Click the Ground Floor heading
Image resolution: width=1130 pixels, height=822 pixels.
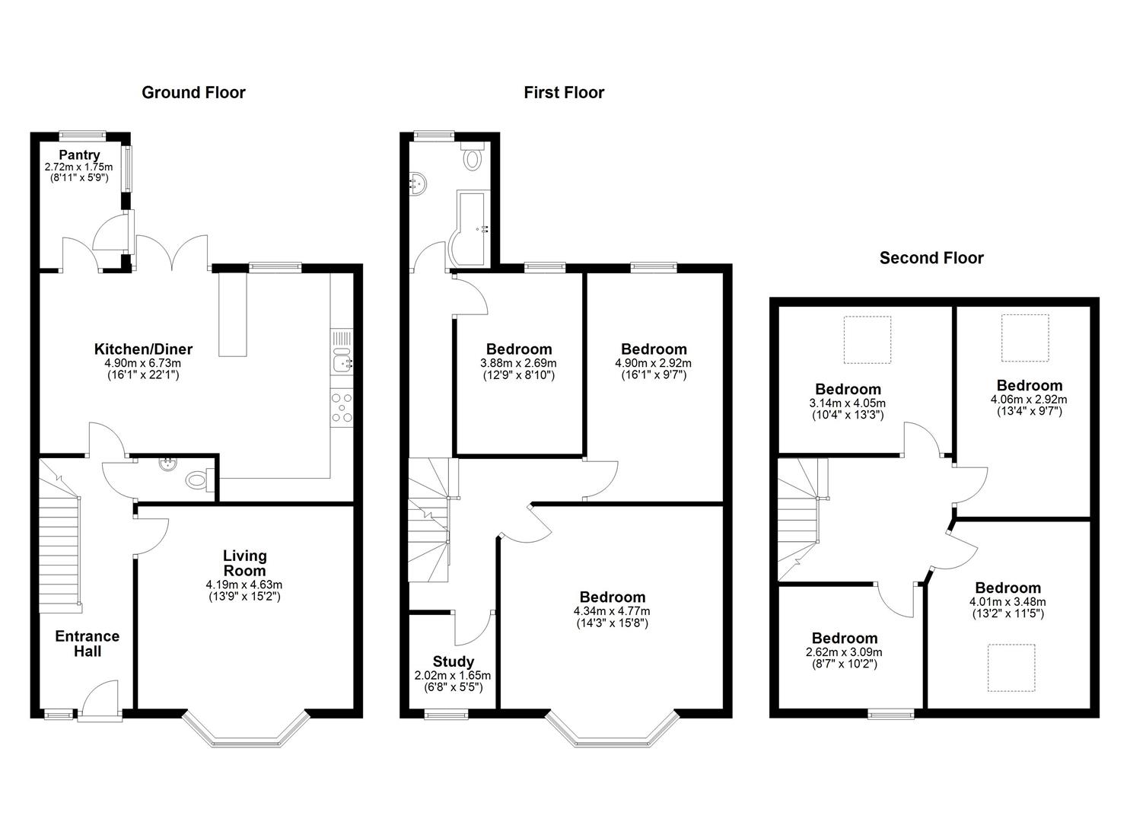click(193, 93)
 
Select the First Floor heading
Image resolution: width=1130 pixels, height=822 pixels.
click(564, 93)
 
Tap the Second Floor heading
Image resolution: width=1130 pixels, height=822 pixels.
click(931, 258)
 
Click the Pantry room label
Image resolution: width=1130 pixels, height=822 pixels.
click(79, 155)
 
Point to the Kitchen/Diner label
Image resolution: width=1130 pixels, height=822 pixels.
click(143, 349)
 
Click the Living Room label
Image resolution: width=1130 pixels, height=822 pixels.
click(244, 563)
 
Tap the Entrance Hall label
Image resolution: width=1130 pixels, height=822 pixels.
click(87, 644)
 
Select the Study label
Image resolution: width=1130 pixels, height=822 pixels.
click(454, 661)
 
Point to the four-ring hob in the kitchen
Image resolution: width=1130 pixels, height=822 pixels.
click(342, 407)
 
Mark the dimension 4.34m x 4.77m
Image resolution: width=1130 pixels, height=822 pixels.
click(613, 611)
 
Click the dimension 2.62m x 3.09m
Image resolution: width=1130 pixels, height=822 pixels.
click(845, 652)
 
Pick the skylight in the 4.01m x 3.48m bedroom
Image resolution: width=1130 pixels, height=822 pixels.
click(1011, 667)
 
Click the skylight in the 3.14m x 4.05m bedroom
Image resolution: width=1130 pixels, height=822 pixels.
click(867, 339)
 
